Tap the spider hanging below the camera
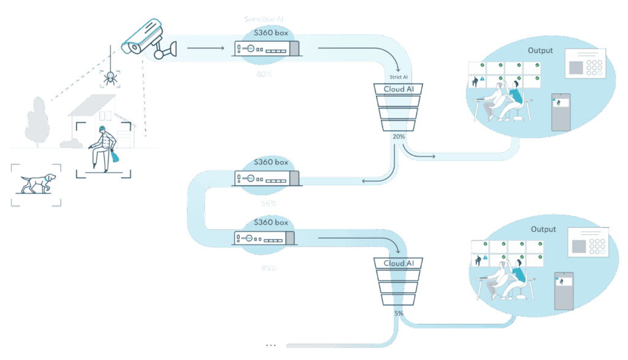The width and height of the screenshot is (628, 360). tap(110, 77)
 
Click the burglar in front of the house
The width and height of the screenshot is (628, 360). tap(101, 147)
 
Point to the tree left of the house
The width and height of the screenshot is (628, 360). tap(38, 123)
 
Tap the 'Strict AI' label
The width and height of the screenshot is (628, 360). tap(399, 77)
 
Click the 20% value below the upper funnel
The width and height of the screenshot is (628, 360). tap(399, 136)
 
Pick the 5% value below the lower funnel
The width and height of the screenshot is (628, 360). tap(399, 313)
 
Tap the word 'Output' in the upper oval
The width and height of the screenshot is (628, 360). tap(540, 50)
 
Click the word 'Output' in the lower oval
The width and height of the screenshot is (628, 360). tap(543, 229)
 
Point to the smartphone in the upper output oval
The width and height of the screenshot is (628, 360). tap(561, 112)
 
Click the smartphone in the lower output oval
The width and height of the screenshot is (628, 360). tap(563, 291)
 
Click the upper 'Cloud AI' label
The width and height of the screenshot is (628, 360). tap(399, 90)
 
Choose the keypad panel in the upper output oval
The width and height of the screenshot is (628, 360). tap(584, 63)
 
